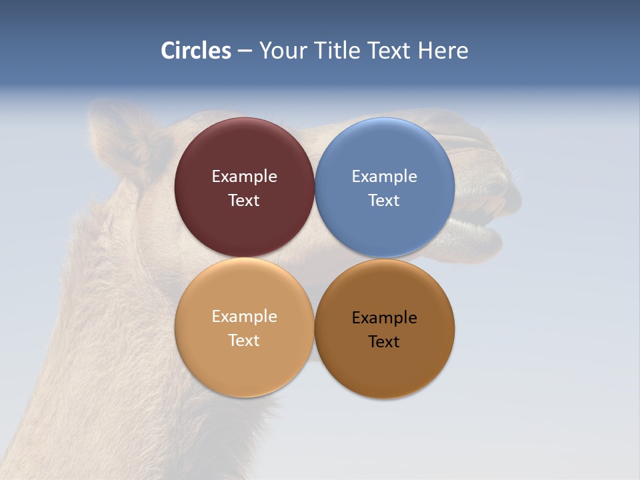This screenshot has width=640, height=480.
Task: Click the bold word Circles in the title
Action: point(196,51)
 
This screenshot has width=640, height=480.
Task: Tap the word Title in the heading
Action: point(336,51)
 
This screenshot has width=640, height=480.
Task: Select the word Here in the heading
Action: point(443,51)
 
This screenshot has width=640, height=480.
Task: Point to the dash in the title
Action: point(245,51)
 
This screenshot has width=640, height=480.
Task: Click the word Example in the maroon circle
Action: point(244,177)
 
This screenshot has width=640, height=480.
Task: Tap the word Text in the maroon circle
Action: point(244,201)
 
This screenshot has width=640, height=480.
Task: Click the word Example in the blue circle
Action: point(384,177)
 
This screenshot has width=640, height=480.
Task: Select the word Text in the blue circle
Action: point(384,201)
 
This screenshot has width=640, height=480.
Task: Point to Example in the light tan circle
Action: point(244,317)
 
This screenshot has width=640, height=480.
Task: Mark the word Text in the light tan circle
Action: point(244,341)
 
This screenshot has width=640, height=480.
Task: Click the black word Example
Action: point(384,318)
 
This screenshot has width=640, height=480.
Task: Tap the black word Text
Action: point(384,342)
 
